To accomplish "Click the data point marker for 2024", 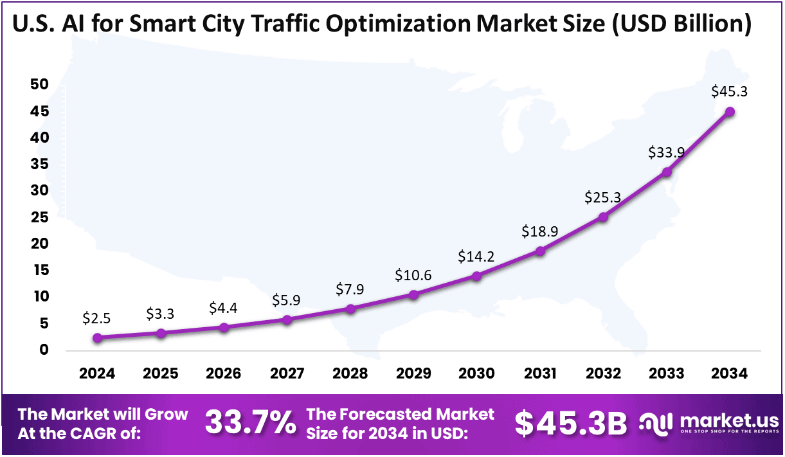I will pyautogui.click(x=98, y=338).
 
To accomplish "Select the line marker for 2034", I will pyautogui.click(x=730, y=112).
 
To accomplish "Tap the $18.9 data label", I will pyautogui.click(x=540, y=230).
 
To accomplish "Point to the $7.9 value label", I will pyautogui.click(x=350, y=289).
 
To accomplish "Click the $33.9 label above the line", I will pyautogui.click(x=666, y=152).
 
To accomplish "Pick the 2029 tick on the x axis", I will pyautogui.click(x=413, y=374).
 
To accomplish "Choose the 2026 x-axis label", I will pyautogui.click(x=224, y=374).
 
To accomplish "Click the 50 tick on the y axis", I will pyautogui.click(x=39, y=85).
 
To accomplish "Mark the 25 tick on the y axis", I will pyautogui.click(x=39, y=217).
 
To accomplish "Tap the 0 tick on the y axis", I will pyautogui.click(x=44, y=350).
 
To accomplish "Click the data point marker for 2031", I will pyautogui.click(x=540, y=251).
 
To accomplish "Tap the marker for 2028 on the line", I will pyautogui.click(x=350, y=309).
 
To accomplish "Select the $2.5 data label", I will pyautogui.click(x=98, y=318).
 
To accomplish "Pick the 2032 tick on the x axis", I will pyautogui.click(x=604, y=374).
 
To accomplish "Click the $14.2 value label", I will pyautogui.click(x=476, y=256).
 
